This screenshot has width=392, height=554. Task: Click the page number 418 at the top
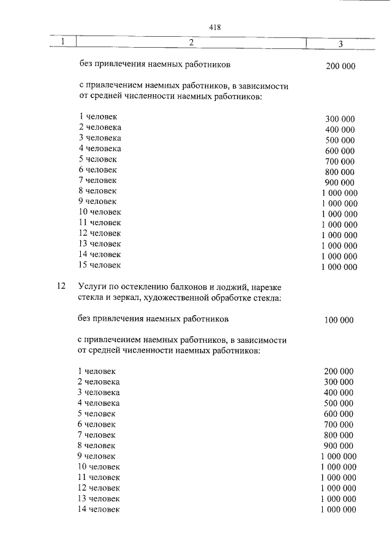click(214, 27)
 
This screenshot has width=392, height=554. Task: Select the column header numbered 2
click(191, 42)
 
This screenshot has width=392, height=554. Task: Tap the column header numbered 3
click(340, 43)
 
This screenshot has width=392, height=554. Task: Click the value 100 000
click(338, 320)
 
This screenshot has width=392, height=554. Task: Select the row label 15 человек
click(100, 265)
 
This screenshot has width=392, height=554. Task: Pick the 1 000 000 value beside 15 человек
click(339, 267)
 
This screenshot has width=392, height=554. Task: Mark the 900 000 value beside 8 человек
click(339, 446)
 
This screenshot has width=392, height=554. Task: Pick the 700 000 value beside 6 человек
click(339, 424)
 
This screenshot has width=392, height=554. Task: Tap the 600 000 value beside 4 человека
click(340, 151)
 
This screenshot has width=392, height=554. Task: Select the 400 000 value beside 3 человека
click(339, 392)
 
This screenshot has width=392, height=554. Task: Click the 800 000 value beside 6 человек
click(340, 171)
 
